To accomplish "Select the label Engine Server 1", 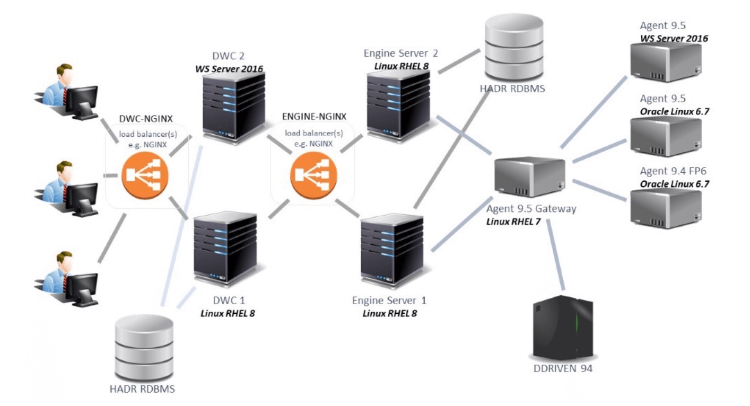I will point(389,301).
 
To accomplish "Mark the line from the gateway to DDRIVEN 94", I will point(555,255).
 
